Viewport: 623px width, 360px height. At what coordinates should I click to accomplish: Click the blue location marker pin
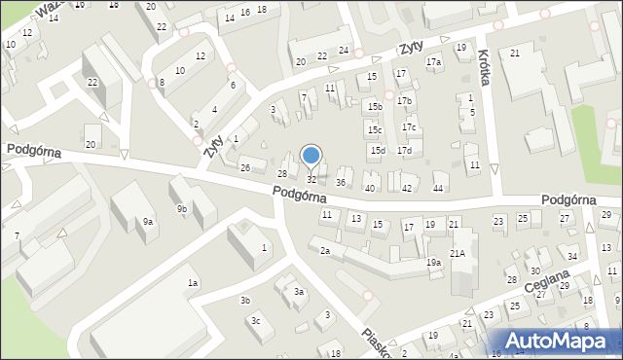point(311,156)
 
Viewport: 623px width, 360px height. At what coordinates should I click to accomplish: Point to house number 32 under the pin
point(311,179)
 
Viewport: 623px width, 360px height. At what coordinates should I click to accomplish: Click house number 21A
point(457,253)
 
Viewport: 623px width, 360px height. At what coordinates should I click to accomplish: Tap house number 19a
point(433,262)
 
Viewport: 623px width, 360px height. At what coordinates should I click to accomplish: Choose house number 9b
point(182,208)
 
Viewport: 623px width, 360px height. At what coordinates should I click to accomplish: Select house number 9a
point(148,222)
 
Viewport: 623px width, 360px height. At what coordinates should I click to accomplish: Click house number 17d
point(403,150)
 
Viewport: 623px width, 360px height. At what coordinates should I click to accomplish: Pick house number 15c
point(375,129)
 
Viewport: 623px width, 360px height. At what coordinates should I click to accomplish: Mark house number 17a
point(433,62)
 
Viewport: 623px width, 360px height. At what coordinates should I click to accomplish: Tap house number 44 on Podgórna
point(438,188)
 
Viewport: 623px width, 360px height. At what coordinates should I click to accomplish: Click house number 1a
point(193,282)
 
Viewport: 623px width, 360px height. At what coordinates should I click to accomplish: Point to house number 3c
point(255,320)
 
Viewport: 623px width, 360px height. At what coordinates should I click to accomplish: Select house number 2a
point(325,251)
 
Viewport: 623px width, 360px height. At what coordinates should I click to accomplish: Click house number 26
point(245,167)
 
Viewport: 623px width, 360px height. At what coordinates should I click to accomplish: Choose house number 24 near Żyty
point(344,50)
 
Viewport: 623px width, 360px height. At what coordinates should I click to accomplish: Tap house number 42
point(407,188)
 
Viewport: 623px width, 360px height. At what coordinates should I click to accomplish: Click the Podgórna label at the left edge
point(33,152)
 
